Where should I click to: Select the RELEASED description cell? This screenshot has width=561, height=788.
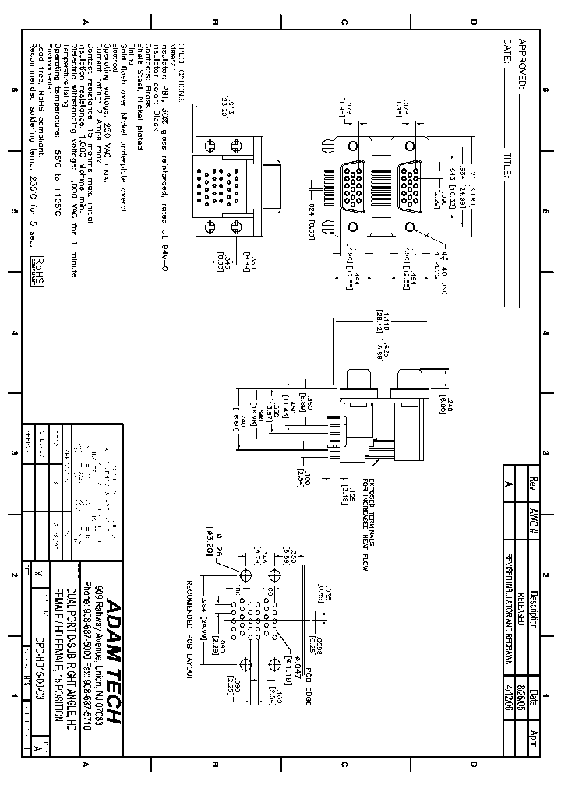521,616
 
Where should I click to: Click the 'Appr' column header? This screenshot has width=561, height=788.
535,740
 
